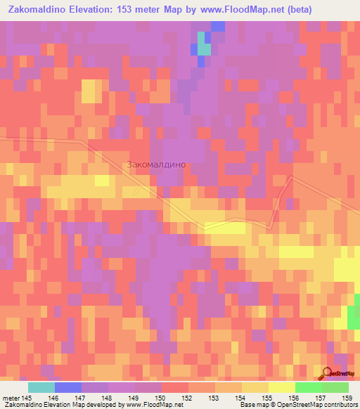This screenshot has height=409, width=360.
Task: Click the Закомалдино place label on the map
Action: point(156,164)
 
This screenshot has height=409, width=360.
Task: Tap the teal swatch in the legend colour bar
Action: point(41,387)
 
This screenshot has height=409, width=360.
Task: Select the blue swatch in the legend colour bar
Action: point(68,387)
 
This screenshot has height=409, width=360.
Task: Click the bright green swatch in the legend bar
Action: point(308,387)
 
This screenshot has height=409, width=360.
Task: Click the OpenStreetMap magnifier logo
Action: point(328,375)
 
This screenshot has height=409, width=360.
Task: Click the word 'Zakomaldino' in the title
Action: point(37,9)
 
